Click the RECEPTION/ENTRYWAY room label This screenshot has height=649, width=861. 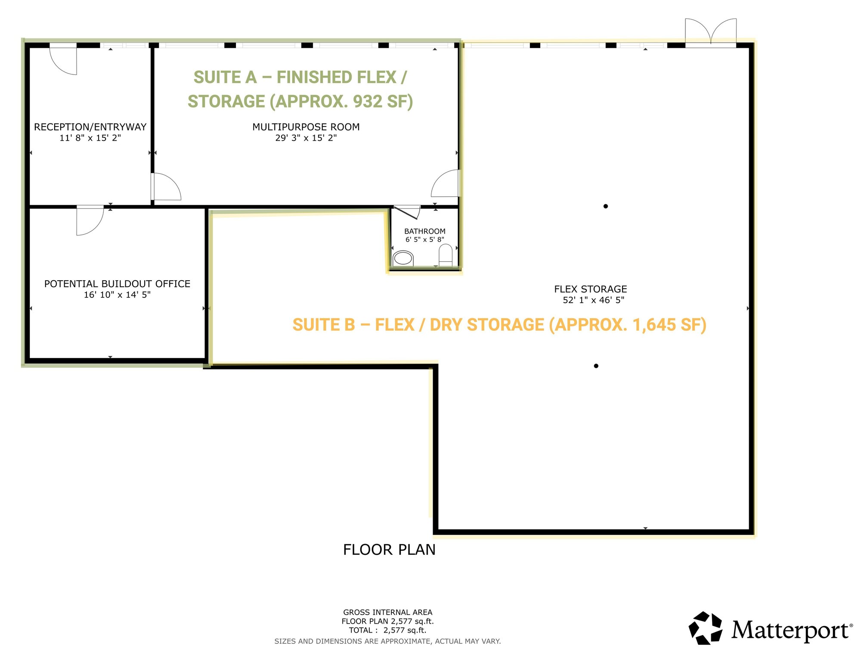click(x=90, y=127)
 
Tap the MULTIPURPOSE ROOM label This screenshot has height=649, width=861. click(x=306, y=127)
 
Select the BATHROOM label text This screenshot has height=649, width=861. click(x=425, y=231)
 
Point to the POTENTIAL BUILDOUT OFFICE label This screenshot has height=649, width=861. click(x=117, y=284)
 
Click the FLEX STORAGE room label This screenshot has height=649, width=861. click(x=591, y=289)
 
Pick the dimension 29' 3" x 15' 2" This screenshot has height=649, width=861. click(x=306, y=138)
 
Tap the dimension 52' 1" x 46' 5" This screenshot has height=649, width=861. click(x=594, y=300)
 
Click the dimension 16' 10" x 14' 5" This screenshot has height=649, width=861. click(x=117, y=295)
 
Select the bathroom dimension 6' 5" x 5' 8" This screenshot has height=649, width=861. click(x=425, y=239)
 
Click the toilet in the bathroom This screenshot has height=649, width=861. click(x=446, y=255)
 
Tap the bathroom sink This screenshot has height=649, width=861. click(x=403, y=258)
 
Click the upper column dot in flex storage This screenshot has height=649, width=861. click(x=606, y=206)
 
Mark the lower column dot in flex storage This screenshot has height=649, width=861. click(x=596, y=366)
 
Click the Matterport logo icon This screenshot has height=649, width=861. click(x=706, y=628)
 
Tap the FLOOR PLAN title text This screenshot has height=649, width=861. click(x=389, y=550)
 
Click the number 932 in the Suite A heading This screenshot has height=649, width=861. click(x=368, y=102)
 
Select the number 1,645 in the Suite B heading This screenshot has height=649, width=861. click(x=654, y=325)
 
